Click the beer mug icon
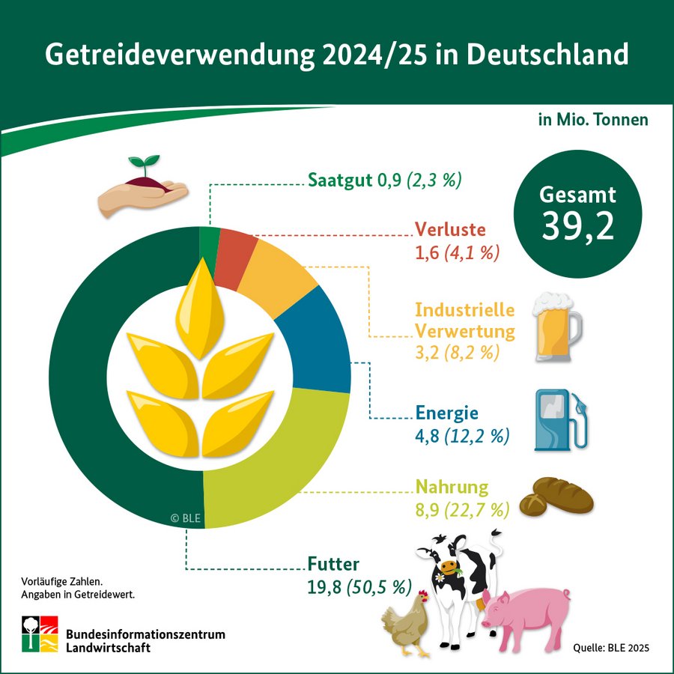556,327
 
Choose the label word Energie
446,414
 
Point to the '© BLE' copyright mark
186,517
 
